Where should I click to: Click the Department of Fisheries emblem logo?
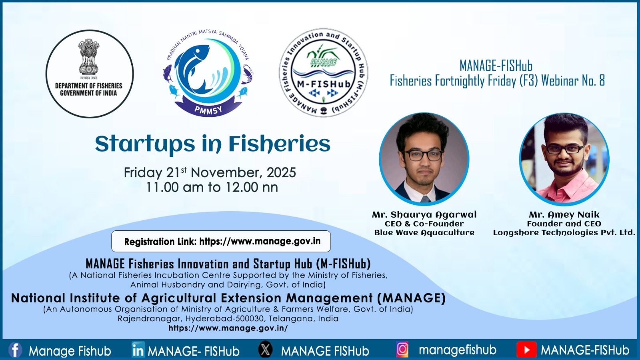click(x=90, y=74)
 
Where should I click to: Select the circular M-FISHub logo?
click(x=324, y=72)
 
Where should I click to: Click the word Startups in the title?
click(x=145, y=144)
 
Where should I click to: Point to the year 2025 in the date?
click(x=281, y=172)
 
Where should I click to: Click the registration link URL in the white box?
click(x=260, y=242)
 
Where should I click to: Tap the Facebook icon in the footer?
click(x=15, y=350)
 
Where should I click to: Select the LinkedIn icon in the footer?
click(x=138, y=350)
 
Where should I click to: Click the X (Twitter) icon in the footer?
click(x=266, y=349)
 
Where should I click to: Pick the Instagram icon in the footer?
click(x=402, y=350)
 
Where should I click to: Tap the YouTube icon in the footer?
click(x=526, y=350)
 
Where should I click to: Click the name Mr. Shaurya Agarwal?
click(x=424, y=214)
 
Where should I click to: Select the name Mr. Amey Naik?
click(x=564, y=214)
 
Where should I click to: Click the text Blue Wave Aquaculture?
click(x=424, y=232)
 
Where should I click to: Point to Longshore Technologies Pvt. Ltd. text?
click(x=564, y=232)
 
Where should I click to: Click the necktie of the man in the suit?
click(x=425, y=199)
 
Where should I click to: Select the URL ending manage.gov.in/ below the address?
click(x=228, y=328)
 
